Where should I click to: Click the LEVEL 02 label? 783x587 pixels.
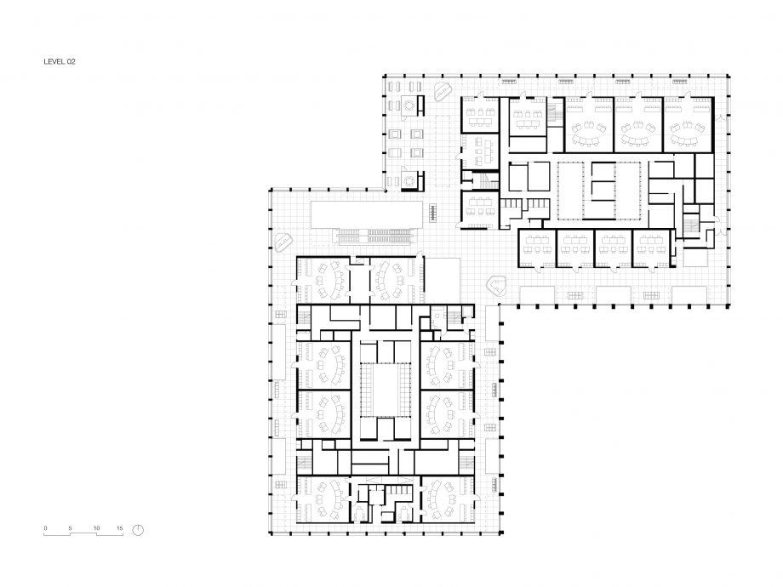(60, 62)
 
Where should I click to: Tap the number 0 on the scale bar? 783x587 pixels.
(45, 528)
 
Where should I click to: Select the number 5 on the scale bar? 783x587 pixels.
(71, 528)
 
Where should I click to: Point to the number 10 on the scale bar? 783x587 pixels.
(96, 528)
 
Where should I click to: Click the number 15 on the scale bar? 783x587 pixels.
(120, 528)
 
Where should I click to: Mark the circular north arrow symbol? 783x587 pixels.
(138, 530)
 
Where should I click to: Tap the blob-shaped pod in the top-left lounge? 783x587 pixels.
(443, 91)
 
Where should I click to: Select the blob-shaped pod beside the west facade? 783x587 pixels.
(283, 242)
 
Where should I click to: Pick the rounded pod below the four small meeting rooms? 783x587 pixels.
(497, 286)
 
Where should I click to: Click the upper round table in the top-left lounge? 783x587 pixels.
(410, 105)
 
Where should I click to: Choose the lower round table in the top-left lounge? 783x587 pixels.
(410, 179)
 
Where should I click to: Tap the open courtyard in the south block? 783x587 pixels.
(386, 390)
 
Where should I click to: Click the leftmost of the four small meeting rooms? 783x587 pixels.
(537, 248)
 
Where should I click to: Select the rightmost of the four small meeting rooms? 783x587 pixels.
(652, 248)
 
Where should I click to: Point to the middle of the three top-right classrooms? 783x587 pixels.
(638, 125)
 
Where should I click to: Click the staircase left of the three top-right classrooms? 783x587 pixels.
(553, 114)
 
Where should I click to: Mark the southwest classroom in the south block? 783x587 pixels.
(323, 499)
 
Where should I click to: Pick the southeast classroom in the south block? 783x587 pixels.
(448, 499)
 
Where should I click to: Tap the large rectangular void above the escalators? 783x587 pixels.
(367, 215)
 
